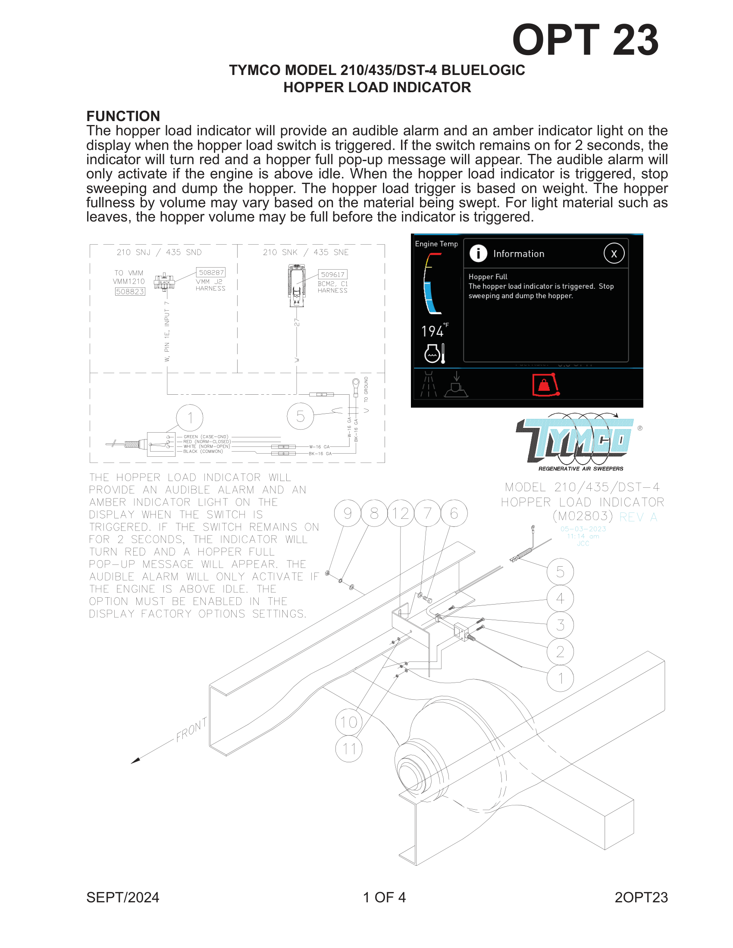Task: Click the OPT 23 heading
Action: coord(585,40)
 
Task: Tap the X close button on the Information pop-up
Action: coord(614,253)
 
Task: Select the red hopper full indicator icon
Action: coord(545,385)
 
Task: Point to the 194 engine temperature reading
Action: coord(432,332)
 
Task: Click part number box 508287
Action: coord(211,273)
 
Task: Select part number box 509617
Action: coord(332,274)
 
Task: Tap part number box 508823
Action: coord(130,292)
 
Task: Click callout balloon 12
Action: coord(401,514)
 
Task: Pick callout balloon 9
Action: coord(348,514)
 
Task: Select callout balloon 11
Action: coord(349,749)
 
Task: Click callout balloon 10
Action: coord(349,722)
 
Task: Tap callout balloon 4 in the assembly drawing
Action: coord(560,599)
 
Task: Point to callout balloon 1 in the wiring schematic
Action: coord(190,418)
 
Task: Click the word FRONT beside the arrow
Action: coord(191,730)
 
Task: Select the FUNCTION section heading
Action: coord(123,116)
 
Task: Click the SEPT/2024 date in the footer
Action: coord(123,897)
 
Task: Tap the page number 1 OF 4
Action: coord(384,897)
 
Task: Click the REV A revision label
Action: coord(638,518)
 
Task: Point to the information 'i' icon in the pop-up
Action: coord(478,253)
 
